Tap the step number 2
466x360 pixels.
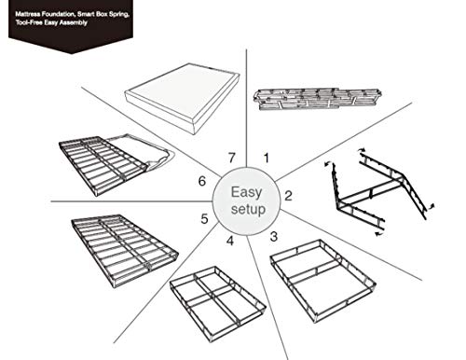click(x=289, y=196)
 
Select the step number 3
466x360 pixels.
click(x=273, y=236)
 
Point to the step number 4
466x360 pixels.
click(x=229, y=243)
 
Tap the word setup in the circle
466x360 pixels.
click(x=247, y=211)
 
